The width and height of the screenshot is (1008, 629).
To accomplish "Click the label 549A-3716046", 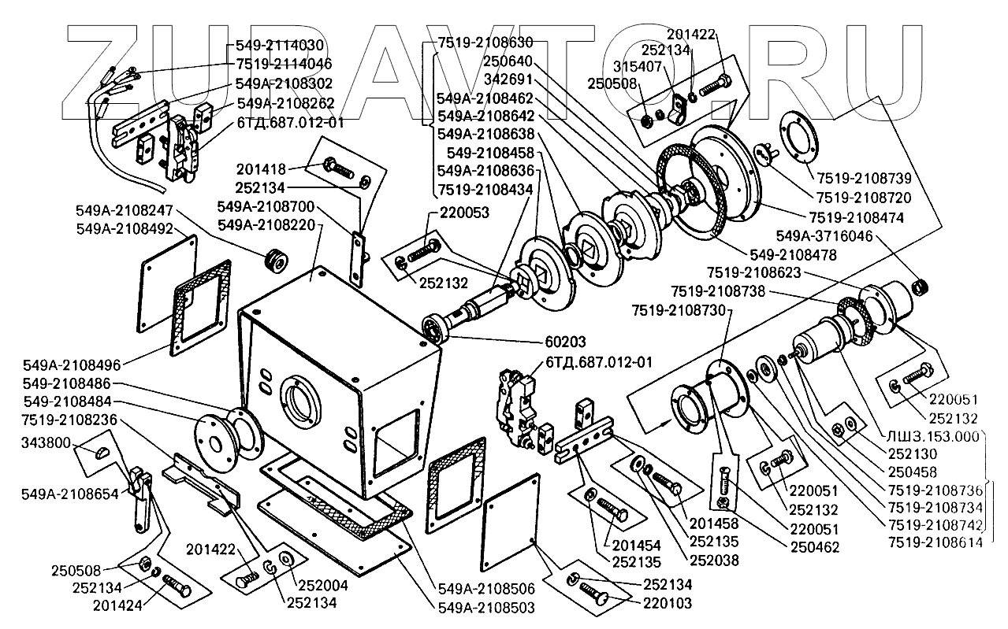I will pyautogui.click(x=824, y=235).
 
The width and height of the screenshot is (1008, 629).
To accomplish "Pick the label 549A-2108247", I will pyautogui.click(x=125, y=211).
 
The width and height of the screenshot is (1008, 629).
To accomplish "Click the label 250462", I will pyautogui.click(x=813, y=546).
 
